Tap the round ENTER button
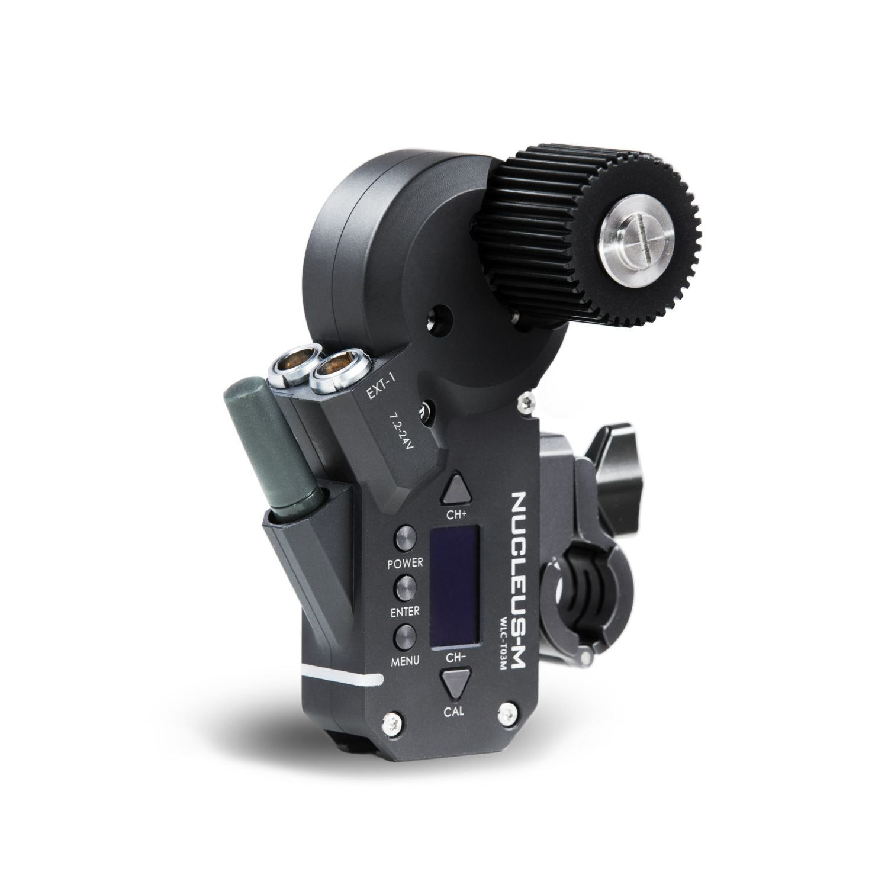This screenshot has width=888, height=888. coord(406,587)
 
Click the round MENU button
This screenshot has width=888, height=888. coord(406,637)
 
